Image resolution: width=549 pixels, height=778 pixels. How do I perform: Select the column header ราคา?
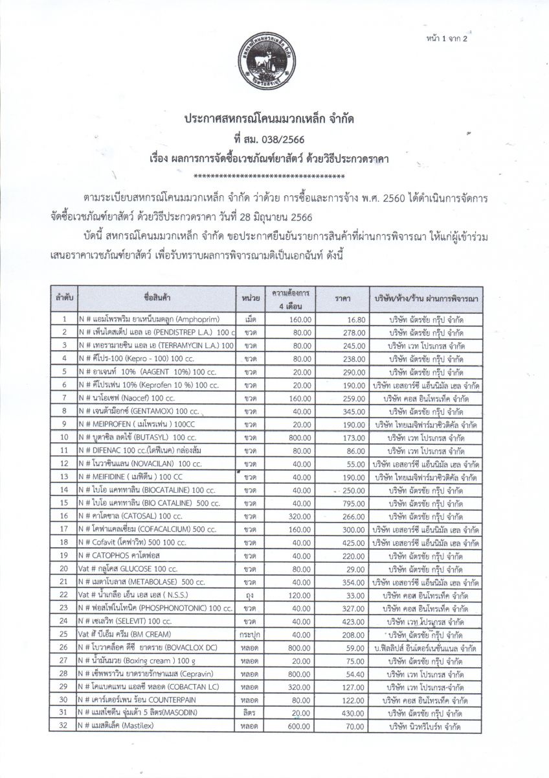[x=342, y=299]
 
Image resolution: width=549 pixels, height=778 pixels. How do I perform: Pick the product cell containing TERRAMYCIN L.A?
[x=155, y=346]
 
